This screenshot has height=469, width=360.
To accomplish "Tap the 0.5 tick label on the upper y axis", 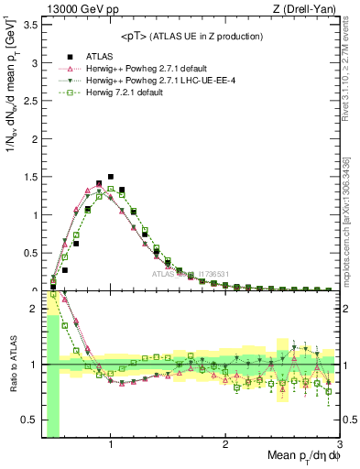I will (x=31, y=253).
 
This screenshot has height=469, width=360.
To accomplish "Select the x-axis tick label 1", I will (x=111, y=444).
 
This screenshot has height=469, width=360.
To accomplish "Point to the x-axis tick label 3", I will (x=339, y=444).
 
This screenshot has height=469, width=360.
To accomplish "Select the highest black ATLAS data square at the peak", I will (x=111, y=177).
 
